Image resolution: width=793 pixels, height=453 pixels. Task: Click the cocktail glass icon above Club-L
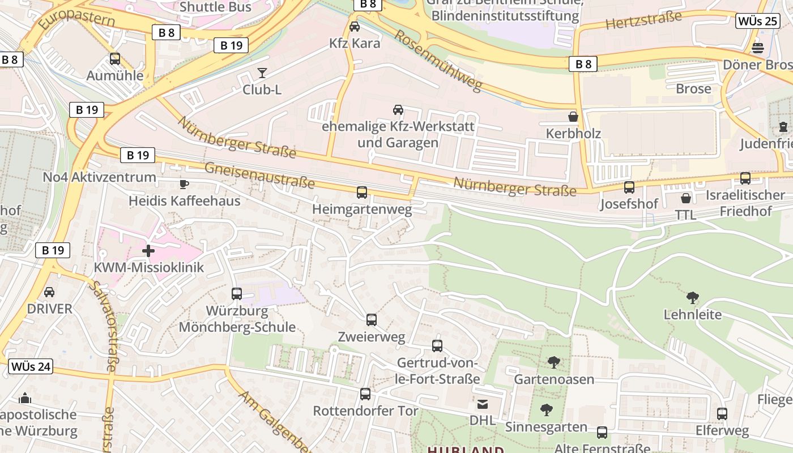pos(262,72)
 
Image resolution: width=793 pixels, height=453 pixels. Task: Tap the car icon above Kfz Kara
pos(355,26)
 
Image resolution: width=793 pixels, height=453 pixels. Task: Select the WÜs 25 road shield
pos(757,22)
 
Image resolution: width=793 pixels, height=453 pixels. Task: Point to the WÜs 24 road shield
pos(31,366)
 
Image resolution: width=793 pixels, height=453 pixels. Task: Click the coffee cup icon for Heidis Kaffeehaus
pos(184,183)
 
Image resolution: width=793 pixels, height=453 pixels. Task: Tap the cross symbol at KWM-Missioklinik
pos(148,250)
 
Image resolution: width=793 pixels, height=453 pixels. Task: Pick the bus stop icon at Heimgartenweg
pos(362,193)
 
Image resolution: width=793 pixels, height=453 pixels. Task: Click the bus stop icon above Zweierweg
pos(372,320)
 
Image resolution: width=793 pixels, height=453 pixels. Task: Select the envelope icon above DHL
pos(482,404)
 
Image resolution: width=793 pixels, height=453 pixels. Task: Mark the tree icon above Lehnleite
pos(692,297)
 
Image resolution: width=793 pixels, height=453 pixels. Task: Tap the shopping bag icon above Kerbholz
pos(573,117)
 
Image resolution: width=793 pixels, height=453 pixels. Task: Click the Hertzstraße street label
pos(643,20)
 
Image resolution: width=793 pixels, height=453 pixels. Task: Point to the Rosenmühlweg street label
pos(438,60)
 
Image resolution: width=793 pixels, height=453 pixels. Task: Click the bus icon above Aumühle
pos(115,59)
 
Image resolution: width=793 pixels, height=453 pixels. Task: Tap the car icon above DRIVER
pos(49,292)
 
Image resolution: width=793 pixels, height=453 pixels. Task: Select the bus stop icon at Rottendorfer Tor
pos(365,394)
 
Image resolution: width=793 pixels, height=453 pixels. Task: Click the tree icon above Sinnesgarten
pos(546,409)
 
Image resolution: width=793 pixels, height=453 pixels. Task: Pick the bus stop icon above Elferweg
pos(722,413)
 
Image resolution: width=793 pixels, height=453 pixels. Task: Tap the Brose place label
pos(693,89)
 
